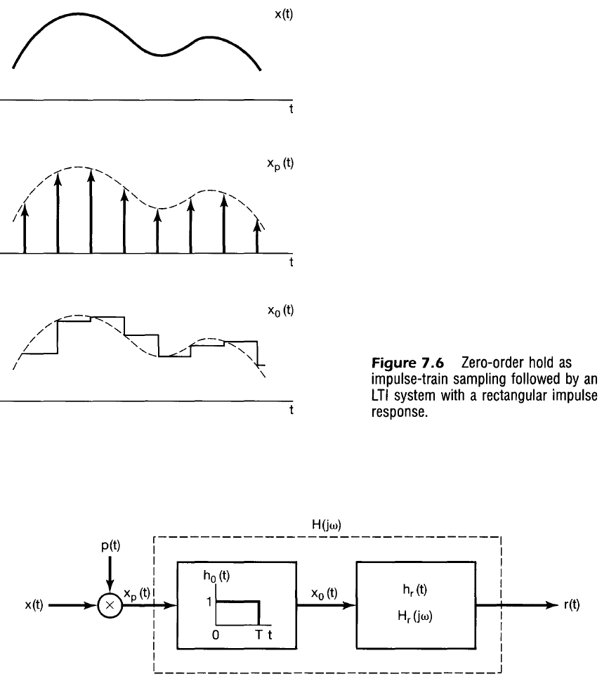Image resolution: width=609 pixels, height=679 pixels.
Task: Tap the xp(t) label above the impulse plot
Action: (x=282, y=164)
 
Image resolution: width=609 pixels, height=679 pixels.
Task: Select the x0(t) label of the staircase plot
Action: (x=282, y=311)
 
